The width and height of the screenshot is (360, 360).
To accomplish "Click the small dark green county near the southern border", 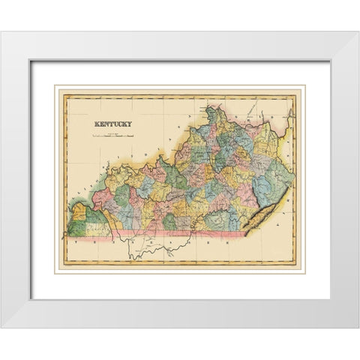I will pyautogui.click(x=170, y=222).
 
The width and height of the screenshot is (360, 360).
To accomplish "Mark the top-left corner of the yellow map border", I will pyautogui.click(x=62, y=94).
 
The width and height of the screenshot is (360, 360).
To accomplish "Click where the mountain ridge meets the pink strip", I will pyautogui.click(x=244, y=233).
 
